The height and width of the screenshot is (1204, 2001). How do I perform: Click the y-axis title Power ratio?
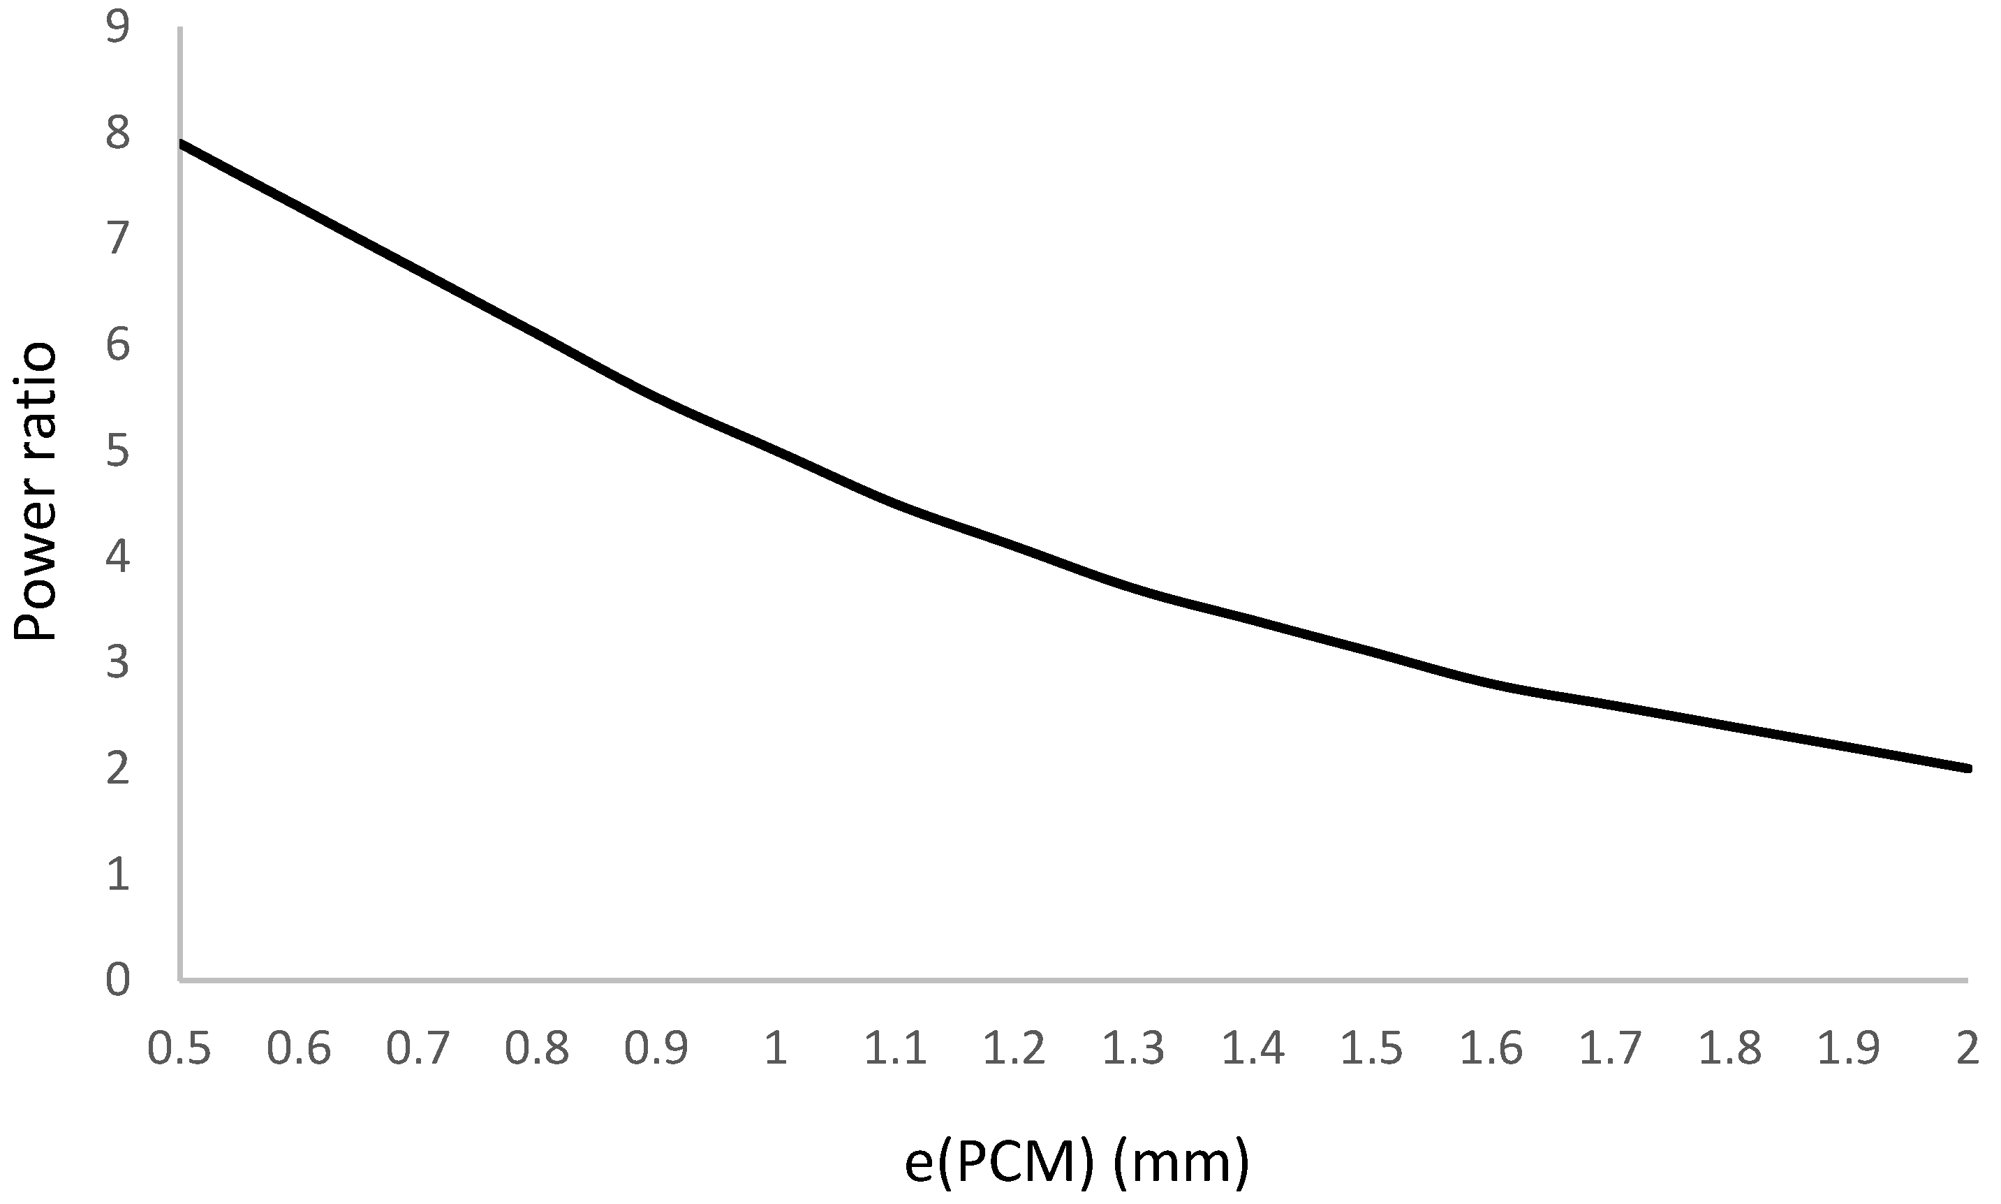[x=35, y=492]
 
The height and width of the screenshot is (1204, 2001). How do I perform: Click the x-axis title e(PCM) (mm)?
[x=1077, y=1163]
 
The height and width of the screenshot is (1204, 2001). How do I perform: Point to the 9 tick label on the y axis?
[x=117, y=29]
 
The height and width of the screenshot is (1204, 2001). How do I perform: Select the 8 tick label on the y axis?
[x=117, y=134]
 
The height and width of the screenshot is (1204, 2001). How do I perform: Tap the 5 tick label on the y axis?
[x=117, y=451]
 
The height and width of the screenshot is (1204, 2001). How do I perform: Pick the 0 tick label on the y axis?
[x=117, y=979]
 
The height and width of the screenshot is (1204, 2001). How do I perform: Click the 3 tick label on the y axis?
[x=117, y=663]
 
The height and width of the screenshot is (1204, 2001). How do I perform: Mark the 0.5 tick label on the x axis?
[x=179, y=1048]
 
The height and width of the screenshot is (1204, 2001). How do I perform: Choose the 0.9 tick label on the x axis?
[x=656, y=1048]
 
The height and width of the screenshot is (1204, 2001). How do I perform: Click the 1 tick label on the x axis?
[x=776, y=1048]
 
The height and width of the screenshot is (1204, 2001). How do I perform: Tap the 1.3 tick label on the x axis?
[x=1133, y=1048]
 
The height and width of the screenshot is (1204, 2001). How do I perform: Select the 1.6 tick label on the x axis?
[x=1491, y=1048]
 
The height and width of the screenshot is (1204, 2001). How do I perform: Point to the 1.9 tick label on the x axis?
[x=1849, y=1048]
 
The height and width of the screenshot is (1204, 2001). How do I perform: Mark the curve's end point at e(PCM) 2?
[x=1967, y=768]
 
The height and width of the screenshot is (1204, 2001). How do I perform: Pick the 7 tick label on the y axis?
[x=117, y=240]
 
